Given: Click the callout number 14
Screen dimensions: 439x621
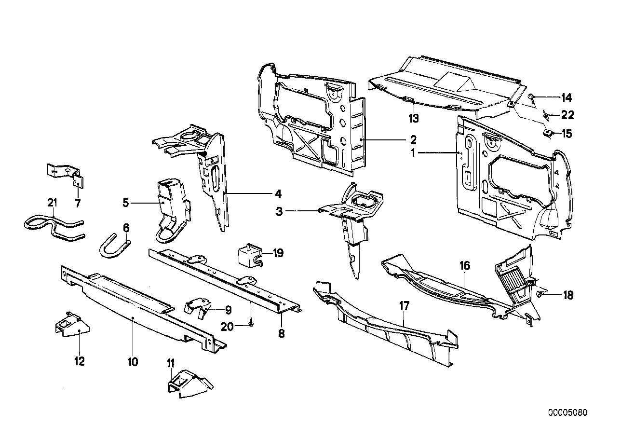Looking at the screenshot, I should point(566,98).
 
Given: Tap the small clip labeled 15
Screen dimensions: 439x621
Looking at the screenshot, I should point(547,132).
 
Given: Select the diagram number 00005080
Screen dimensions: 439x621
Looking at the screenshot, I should point(568,413).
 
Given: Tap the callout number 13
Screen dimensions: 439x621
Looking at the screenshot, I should point(414,117).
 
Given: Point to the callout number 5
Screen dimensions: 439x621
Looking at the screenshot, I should point(126,203).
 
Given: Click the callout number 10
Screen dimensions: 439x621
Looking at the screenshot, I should point(133,361).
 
